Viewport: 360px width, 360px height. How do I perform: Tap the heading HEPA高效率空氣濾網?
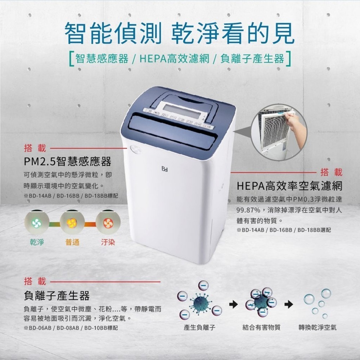click(289, 186)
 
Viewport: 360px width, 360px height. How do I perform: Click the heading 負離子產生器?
click(57, 296)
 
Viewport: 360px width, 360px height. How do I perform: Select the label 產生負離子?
click(200, 328)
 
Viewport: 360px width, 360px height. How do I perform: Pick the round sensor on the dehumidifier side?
click(136, 149)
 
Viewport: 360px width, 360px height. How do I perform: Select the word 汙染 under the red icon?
click(108, 242)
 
